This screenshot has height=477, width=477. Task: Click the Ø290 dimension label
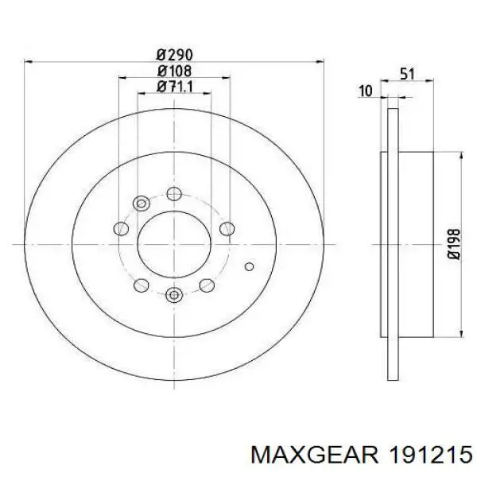(x=175, y=55)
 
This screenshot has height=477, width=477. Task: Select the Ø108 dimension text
(x=175, y=72)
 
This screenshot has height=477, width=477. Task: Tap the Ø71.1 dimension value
(x=175, y=87)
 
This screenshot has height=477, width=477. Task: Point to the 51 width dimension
(x=407, y=74)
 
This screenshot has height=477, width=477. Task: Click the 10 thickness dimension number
(x=366, y=91)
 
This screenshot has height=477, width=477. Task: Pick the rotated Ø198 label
(x=455, y=244)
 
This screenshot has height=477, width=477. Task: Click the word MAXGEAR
(x=315, y=455)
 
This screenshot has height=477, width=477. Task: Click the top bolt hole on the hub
(x=174, y=194)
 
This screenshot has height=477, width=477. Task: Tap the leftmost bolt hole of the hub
(x=121, y=228)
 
